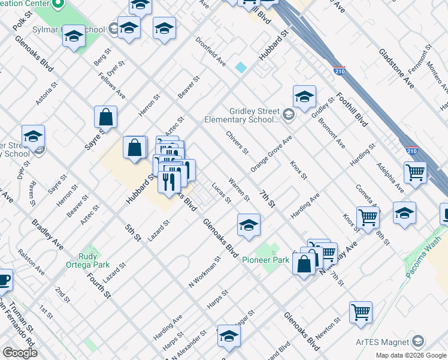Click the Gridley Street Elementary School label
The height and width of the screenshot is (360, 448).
coord(255,115)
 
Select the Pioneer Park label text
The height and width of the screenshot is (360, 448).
coord(265,260)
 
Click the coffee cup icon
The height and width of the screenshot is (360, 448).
coord(4,280)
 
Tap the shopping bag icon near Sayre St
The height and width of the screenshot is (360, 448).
coord(105,117)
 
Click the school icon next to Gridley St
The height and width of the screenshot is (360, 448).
coord(304,96)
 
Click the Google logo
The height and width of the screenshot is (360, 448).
coord(20,353)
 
